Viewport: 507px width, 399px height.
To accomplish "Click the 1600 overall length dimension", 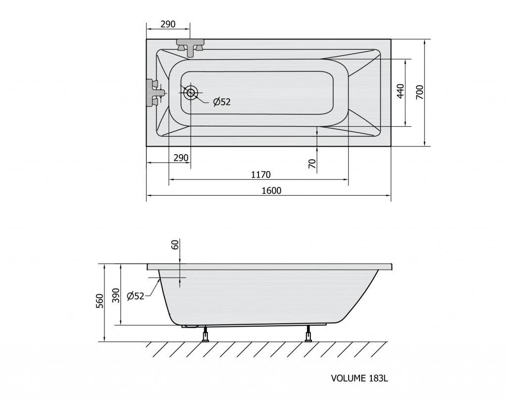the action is pos(271,191).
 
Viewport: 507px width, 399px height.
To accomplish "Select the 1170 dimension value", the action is pos(260,175).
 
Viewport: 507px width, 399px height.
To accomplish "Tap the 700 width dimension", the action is pos(419,92).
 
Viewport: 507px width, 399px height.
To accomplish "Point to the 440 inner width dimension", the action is pos(400,91).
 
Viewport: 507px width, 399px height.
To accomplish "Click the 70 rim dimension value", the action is pos(312,164).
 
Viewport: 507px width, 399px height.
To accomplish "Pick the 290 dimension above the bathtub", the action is pos(168,24).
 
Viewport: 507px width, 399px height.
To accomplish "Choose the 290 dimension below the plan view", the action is pos(181,158).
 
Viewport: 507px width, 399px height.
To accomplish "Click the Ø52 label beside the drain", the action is pos(222,102).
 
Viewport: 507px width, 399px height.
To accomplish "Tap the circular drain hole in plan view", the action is pos(191,93).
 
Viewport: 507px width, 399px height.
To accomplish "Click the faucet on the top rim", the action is pos(190,47).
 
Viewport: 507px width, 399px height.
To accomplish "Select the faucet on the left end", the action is pos(154,93).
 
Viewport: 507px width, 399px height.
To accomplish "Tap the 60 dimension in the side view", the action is pos(175,245).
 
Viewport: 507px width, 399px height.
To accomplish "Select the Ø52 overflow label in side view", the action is pos(136,296).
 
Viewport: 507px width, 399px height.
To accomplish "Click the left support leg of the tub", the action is pos(205,334).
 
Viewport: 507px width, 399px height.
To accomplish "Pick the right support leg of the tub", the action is pos(308,334).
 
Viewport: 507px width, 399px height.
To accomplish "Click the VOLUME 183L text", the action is pos(359,378).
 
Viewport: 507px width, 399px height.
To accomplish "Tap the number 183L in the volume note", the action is pos(378,378).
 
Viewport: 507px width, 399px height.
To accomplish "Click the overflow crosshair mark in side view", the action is pos(180,278).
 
